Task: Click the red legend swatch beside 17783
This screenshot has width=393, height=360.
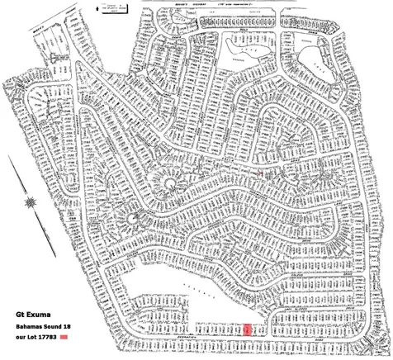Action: coord(73,339)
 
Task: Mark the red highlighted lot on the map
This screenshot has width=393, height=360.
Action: coord(247,329)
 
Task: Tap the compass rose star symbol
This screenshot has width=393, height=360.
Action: coord(31,201)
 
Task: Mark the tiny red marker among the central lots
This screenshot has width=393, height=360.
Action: coord(261,174)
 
